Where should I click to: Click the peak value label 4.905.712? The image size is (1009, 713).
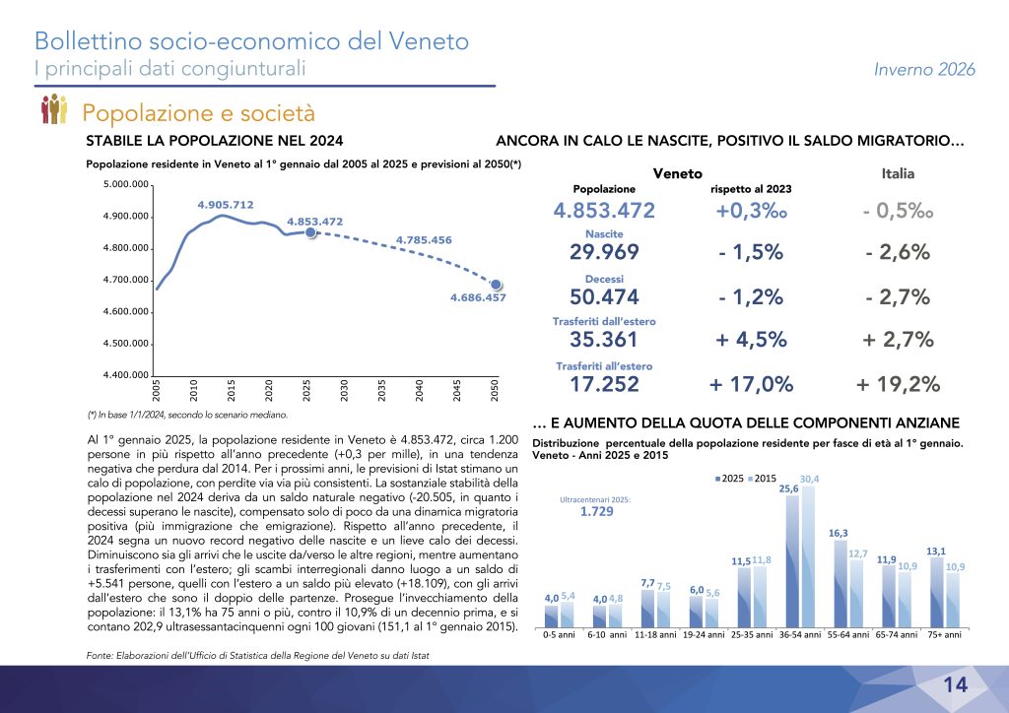click(226, 205)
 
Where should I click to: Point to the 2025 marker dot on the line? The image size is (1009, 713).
click(310, 232)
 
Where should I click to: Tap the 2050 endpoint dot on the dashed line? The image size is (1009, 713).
click(498, 285)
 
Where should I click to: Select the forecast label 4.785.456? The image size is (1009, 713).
click(424, 239)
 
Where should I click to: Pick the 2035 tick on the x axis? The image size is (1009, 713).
click(382, 388)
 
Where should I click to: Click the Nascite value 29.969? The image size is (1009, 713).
click(604, 252)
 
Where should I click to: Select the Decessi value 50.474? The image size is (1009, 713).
click(604, 296)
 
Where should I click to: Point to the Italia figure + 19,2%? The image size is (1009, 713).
click(898, 384)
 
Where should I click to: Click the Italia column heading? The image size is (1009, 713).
click(897, 173)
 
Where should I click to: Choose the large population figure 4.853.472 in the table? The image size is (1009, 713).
click(604, 210)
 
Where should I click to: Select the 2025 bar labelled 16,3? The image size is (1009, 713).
click(836, 585)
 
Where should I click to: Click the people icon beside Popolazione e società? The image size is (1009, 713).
click(53, 110)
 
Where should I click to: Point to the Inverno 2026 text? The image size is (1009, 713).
click(924, 69)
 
